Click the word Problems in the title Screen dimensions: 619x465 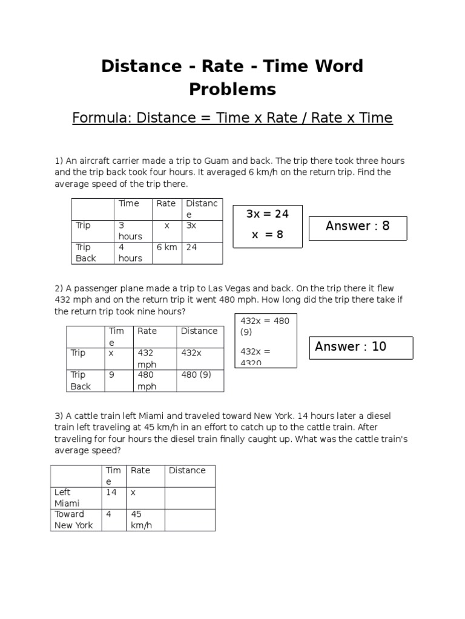pyautogui.click(x=232, y=89)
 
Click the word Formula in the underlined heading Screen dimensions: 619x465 pyautogui.click(x=101, y=118)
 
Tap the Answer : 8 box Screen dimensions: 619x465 pyautogui.click(x=358, y=227)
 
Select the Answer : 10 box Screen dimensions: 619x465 pyautogui.click(x=361, y=347)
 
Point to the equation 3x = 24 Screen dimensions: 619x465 pyautogui.click(x=267, y=214)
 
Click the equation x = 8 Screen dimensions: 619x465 pyautogui.click(x=267, y=235)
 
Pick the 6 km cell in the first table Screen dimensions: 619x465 pyautogui.click(x=167, y=247)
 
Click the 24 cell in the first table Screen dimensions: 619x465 pyautogui.click(x=192, y=247)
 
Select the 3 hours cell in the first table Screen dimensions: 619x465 pyautogui.click(x=130, y=231)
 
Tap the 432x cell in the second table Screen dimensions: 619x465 pyautogui.click(x=191, y=353)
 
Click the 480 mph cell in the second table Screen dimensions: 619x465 pyautogui.click(x=147, y=380)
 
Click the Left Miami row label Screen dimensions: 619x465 pyautogui.click(x=67, y=497)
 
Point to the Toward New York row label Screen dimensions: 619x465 pyautogui.click(x=73, y=520)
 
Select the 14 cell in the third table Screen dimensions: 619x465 pyautogui.click(x=111, y=493)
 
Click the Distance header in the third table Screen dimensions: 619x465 pyautogui.click(x=187, y=470)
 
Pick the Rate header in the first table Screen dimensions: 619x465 pyautogui.click(x=166, y=204)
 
